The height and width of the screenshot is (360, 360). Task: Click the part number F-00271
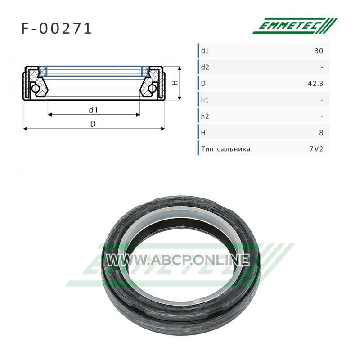pyautogui.click(x=57, y=29)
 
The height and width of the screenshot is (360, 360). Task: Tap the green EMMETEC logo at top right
pyautogui.click(x=295, y=26)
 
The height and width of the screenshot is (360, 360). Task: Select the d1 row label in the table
pyautogui.click(x=205, y=51)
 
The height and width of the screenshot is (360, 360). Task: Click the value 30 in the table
pyautogui.click(x=319, y=51)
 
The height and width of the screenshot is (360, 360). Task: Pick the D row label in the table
pyautogui.click(x=203, y=84)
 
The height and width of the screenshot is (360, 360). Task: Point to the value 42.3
pyautogui.click(x=316, y=84)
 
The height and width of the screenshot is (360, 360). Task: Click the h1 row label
pyautogui.click(x=205, y=100)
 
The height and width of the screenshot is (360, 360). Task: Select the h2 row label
pyautogui.click(x=205, y=116)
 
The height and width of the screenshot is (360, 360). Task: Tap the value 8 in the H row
pyautogui.click(x=321, y=132)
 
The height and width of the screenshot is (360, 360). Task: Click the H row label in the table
pyautogui.click(x=203, y=132)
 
